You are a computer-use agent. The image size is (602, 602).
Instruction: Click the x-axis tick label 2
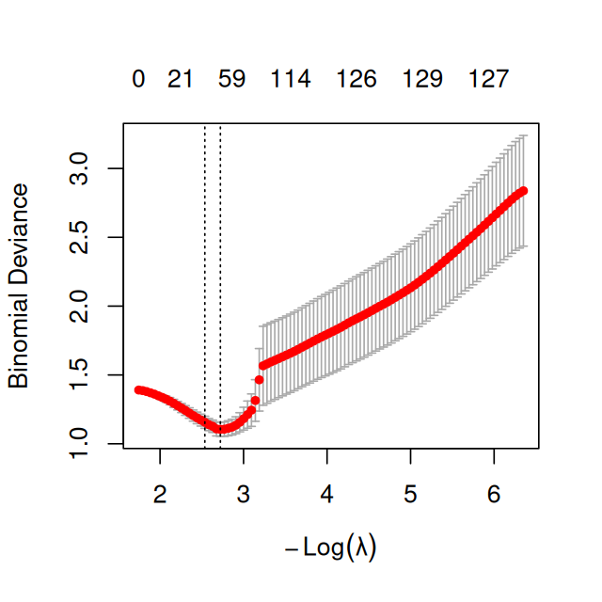point(160,492)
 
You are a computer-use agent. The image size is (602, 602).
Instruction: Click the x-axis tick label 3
point(244,492)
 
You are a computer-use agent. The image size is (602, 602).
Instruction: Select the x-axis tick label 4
point(326,492)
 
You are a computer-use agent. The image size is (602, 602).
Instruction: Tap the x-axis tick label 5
point(410,492)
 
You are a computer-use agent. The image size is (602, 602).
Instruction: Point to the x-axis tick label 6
point(494,492)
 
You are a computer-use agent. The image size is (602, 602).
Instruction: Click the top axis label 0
point(138,80)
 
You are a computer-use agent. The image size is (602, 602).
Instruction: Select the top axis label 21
point(180,80)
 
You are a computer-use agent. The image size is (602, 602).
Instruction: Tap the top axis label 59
point(231,80)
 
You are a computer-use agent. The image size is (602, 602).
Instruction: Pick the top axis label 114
point(291,80)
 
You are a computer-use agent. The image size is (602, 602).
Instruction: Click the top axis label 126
point(356,80)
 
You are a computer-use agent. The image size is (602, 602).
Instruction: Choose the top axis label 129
point(422,80)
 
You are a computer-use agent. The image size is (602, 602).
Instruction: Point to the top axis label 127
point(488,80)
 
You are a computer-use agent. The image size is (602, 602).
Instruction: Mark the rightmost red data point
point(524,191)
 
